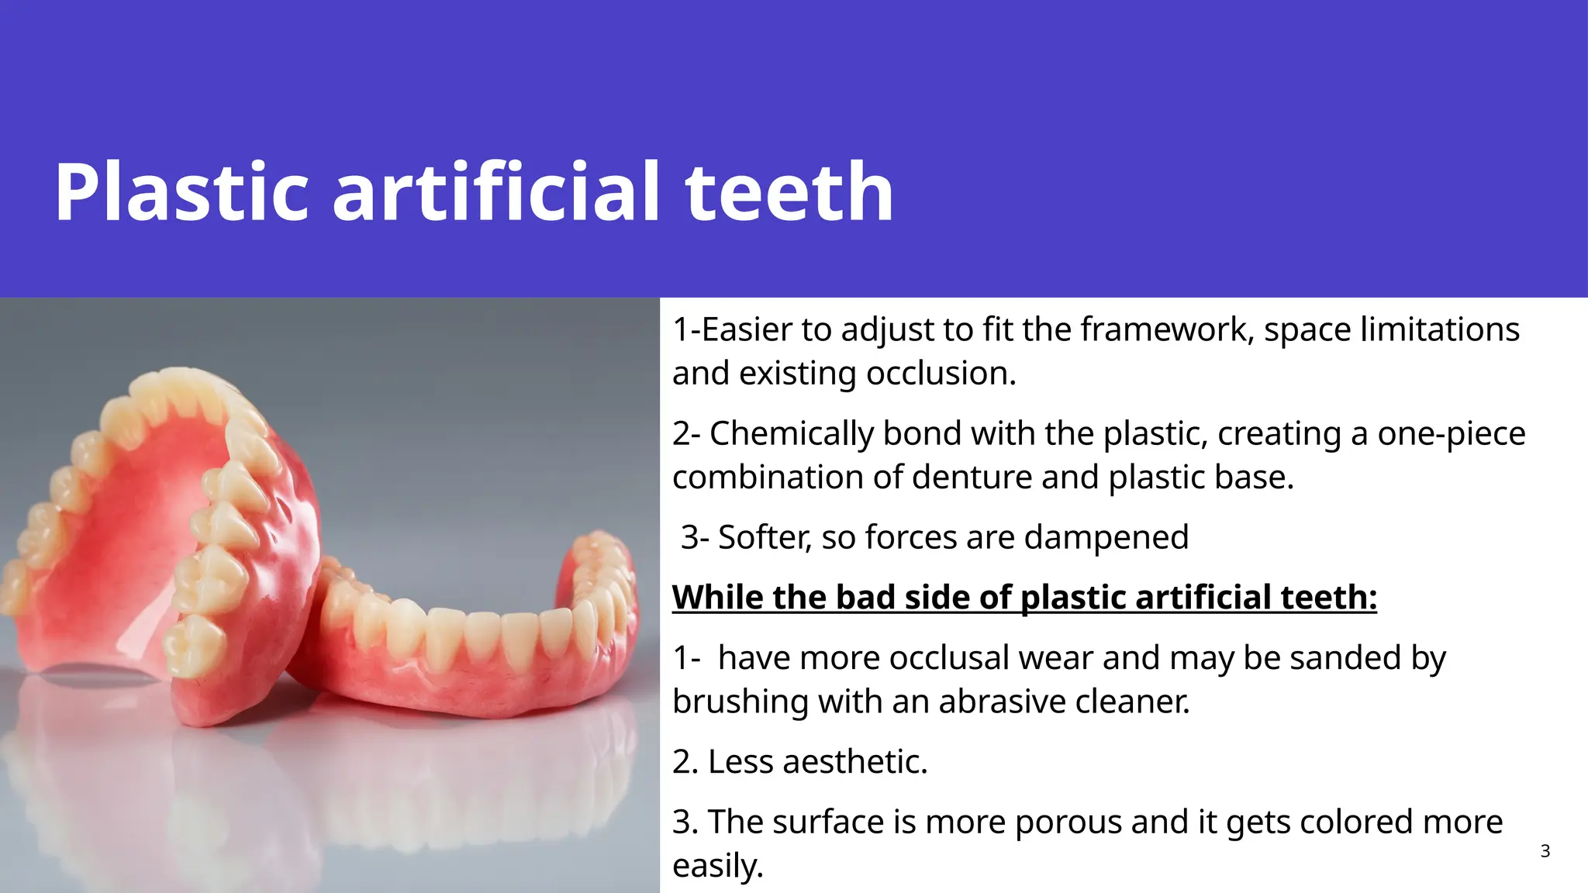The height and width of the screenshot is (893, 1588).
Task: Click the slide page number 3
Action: (x=1545, y=852)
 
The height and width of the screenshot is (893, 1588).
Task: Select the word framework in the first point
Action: (x=1166, y=329)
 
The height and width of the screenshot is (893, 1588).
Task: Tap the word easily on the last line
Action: (x=717, y=866)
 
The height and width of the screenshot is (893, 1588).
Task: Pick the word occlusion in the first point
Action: (x=941, y=374)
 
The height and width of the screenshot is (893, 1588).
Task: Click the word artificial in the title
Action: (x=496, y=192)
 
